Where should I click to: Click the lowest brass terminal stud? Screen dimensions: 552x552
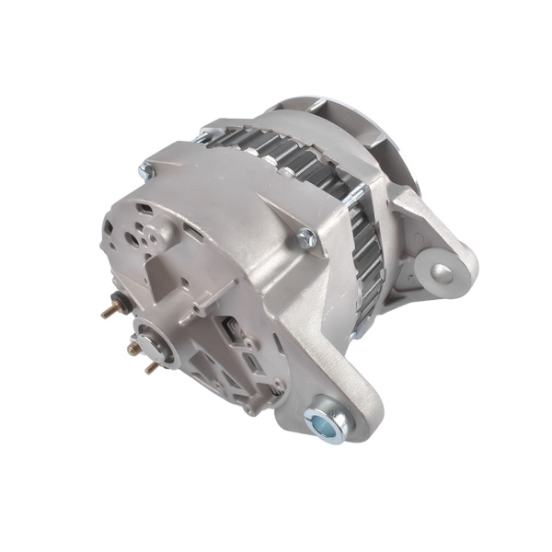coord(150,366)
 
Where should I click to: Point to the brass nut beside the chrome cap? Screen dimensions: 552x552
coord(133,349)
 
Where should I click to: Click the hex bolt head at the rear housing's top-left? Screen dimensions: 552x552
coord(144,170)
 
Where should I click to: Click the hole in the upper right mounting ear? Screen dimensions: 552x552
coord(443,271)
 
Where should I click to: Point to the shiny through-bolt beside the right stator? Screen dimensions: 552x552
coord(359,195)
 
